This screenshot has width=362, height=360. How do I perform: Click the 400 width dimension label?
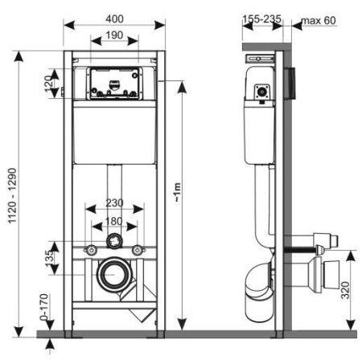click(x=113, y=16)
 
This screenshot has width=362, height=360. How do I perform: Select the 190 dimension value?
click(x=113, y=36)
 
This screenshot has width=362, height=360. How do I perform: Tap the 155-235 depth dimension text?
click(x=259, y=16)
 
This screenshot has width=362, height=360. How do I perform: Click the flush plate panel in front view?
click(x=113, y=84)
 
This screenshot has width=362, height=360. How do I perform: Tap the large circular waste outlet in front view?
click(x=113, y=275)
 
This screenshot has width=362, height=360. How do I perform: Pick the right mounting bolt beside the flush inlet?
click(x=138, y=247)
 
